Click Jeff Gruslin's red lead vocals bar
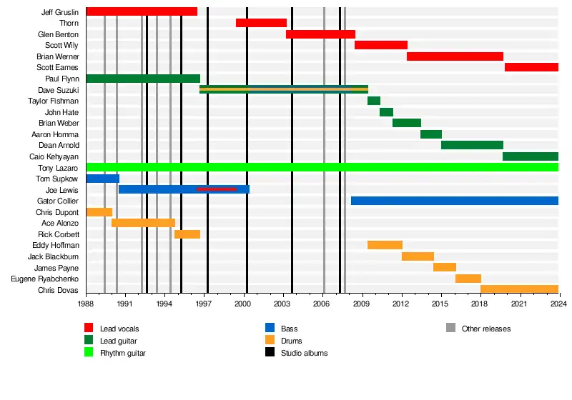click(141, 11)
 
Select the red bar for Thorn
click(261, 23)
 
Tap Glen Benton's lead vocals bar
click(320, 34)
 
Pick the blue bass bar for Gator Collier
click(454, 201)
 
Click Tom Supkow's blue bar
click(102, 179)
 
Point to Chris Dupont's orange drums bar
click(99, 212)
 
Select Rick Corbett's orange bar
click(187, 234)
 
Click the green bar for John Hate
click(386, 112)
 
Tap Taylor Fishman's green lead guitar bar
click(374, 101)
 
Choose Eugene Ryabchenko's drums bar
click(468, 279)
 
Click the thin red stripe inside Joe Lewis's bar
click(216, 189)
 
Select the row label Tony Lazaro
click(59, 168)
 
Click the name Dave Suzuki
click(59, 90)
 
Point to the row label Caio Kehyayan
click(54, 156)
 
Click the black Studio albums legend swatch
click(270, 353)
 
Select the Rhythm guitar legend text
click(123, 353)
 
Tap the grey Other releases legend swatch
click(450, 329)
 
